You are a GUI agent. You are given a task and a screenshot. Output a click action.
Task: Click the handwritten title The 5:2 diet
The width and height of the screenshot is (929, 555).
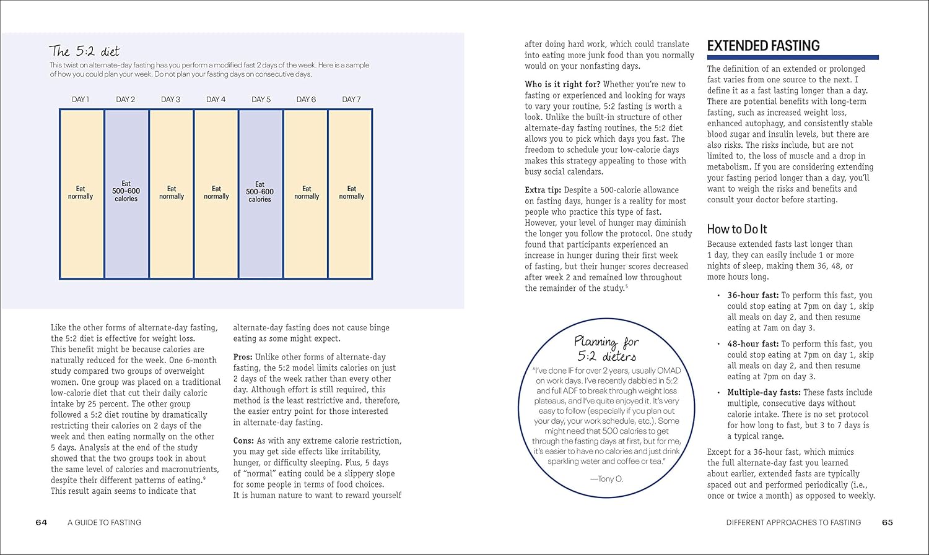tap(84, 51)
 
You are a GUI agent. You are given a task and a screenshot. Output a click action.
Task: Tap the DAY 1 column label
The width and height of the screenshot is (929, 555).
tap(81, 99)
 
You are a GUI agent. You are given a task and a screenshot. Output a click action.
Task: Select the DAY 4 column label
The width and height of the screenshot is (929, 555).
tap(216, 99)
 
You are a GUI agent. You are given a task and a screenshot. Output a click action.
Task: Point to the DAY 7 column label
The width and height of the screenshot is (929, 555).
tap(351, 99)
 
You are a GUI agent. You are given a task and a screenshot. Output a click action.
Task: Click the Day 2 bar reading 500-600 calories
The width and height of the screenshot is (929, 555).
tap(126, 194)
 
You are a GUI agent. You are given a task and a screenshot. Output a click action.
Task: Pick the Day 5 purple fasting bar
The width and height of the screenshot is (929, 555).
tap(261, 194)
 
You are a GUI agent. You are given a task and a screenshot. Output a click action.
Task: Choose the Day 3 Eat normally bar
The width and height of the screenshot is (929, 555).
tap(172, 194)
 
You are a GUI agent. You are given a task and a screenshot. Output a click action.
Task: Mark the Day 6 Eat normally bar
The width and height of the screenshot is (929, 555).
tap(307, 194)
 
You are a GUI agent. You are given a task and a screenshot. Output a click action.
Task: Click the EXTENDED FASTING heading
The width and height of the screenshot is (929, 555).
tap(763, 46)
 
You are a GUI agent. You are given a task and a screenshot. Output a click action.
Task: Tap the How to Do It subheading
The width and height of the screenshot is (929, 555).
tap(737, 229)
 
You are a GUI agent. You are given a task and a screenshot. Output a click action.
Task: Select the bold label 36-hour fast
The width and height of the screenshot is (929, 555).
tap(752, 295)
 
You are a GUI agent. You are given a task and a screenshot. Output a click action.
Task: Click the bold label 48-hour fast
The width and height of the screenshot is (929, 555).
tap(752, 343)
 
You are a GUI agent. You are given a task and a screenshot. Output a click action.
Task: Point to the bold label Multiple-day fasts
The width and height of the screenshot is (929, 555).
tap(764, 392)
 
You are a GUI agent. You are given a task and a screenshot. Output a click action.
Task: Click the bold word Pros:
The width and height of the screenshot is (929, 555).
tap(243, 357)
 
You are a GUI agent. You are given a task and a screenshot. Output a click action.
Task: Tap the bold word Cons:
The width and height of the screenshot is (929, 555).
tap(243, 441)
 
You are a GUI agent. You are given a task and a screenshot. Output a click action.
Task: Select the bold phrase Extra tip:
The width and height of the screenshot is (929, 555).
tap(543, 190)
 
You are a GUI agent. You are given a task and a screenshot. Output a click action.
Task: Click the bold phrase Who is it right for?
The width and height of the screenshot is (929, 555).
tap(562, 84)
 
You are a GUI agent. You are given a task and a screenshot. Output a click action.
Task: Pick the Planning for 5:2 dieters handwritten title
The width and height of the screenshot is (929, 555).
tap(606, 349)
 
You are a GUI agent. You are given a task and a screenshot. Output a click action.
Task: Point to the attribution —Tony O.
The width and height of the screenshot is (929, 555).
tap(606, 478)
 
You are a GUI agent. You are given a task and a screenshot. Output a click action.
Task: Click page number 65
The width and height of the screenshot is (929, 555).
tap(888, 522)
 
